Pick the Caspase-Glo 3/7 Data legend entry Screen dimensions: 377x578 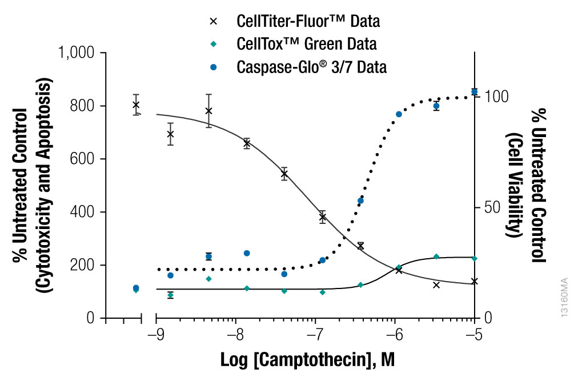(311, 67)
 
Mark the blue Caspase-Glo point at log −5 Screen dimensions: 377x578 (474, 91)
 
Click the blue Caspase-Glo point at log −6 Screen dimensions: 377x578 (399, 114)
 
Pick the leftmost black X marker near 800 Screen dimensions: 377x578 (136, 105)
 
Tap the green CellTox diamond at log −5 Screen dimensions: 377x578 (474, 258)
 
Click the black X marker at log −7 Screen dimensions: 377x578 (323, 217)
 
